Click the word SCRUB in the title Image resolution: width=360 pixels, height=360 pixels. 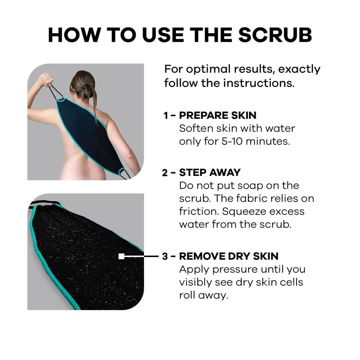tap(275, 35)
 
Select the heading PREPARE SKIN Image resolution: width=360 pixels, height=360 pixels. tap(218, 115)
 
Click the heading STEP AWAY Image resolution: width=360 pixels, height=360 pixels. tap(210, 172)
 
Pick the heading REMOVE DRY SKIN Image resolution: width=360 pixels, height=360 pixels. tap(229, 256)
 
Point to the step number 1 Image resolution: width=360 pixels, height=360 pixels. tap(166, 116)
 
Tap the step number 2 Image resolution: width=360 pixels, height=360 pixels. tap(165, 173)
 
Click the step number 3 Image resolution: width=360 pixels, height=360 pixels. tap(165, 256)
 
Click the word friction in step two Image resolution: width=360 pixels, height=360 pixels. tap(197, 211)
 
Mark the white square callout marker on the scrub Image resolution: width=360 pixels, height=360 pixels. tap(121, 256)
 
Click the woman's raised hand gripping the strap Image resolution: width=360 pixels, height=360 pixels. tap(45, 79)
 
